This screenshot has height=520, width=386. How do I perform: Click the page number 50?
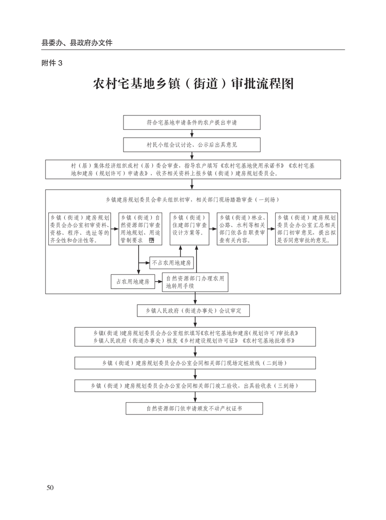pyautogui.click(x=50, y=487)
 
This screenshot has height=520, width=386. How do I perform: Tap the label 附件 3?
pyautogui.click(x=52, y=63)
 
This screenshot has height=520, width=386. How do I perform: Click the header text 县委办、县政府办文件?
pyautogui.click(x=77, y=43)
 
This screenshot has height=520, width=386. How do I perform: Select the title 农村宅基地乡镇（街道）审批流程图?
pyautogui.click(x=193, y=84)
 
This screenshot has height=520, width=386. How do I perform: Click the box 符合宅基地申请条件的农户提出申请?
pyautogui.click(x=192, y=122)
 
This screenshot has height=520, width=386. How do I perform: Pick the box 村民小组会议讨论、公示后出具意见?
pyautogui.click(x=192, y=144)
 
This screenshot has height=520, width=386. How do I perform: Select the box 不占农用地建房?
pyautogui.click(x=171, y=263)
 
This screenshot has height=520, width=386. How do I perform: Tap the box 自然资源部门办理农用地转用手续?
pyautogui.click(x=194, y=282)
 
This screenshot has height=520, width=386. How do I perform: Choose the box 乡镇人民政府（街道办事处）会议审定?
pyautogui.click(x=193, y=311)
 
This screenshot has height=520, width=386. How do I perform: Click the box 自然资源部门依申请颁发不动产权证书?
pyautogui.click(x=194, y=408)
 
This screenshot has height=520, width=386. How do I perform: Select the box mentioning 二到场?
pyautogui.click(x=194, y=363)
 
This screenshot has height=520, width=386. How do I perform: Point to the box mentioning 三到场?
pyautogui.click(x=194, y=386)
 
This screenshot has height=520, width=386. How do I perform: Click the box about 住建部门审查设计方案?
pyautogui.click(x=189, y=229)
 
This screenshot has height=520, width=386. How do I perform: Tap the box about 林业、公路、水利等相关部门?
pyautogui.click(x=241, y=229)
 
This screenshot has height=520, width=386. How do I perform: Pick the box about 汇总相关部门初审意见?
pyautogui.click(x=307, y=229)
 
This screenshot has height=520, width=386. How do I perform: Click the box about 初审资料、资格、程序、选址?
pyautogui.click(x=79, y=229)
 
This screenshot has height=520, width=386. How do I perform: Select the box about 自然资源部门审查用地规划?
pyautogui.click(x=140, y=229)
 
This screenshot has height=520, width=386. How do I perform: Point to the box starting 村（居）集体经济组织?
pyautogui.click(x=193, y=169)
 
